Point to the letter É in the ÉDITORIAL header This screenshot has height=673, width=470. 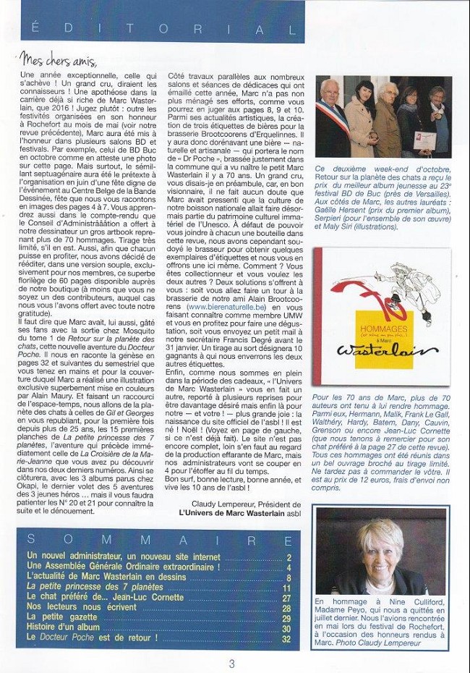(x=35, y=30)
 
